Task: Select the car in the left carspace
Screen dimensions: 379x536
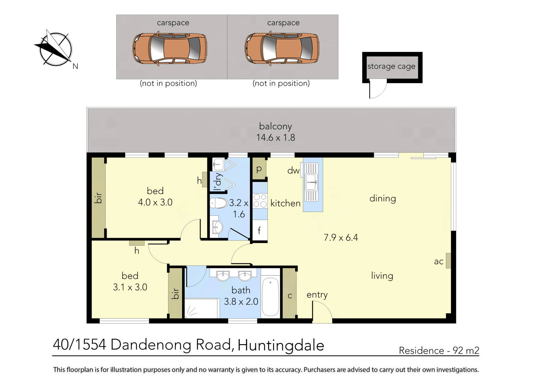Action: coord(170,48)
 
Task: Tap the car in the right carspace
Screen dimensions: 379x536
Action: coord(282,48)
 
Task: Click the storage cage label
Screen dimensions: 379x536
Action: coord(391,66)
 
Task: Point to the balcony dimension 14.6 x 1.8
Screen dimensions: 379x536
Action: coord(275,138)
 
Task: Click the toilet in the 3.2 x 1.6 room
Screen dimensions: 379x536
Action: coord(219,203)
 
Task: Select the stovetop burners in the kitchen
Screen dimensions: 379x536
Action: coord(260,201)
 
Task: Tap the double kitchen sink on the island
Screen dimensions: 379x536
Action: coord(311,182)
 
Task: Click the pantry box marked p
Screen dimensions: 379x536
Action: coord(259,169)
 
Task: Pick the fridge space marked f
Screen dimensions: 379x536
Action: coord(259,230)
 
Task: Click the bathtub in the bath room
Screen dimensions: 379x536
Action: coord(270,297)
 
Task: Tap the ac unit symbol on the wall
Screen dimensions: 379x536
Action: coord(448,261)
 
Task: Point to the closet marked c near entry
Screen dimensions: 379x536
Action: coord(289,295)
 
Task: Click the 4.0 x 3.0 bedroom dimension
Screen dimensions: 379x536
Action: coord(155,202)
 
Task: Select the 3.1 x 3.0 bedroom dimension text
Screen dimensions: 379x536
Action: coord(130,287)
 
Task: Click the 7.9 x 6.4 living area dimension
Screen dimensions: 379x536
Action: coord(341,237)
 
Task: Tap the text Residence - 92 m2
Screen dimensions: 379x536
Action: coord(439,351)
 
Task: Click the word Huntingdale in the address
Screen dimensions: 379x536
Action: coord(281,345)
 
